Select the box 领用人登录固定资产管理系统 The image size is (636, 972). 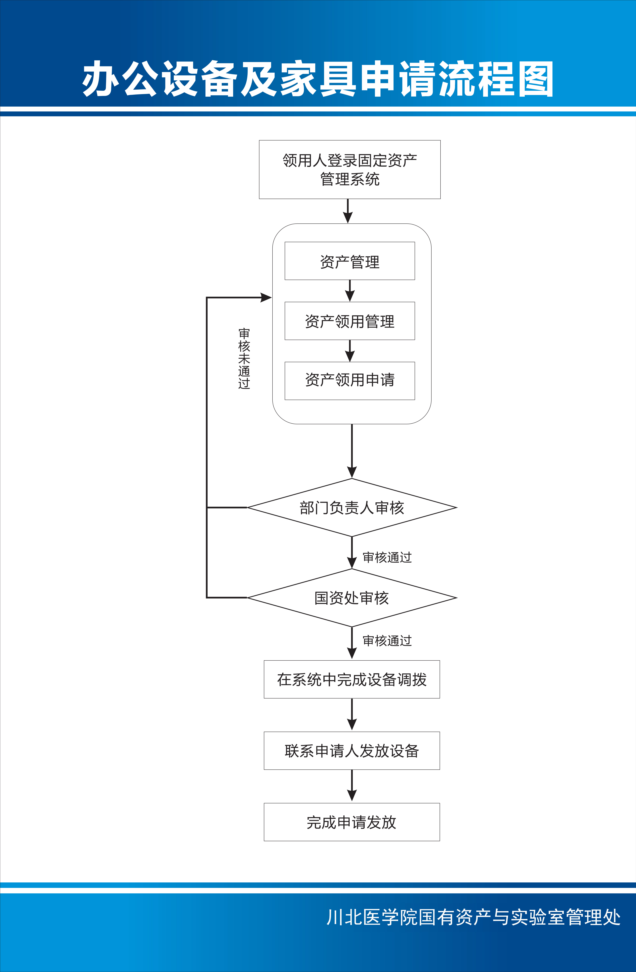point(350,170)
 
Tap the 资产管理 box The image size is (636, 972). point(350,261)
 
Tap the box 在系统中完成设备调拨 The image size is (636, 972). point(352,679)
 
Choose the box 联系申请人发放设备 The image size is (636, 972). point(352,751)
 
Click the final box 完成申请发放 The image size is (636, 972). point(352,822)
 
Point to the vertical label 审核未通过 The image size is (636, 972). point(244,358)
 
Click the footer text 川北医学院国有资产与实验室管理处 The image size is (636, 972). point(473,917)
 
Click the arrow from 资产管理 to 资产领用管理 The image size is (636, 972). point(350,291)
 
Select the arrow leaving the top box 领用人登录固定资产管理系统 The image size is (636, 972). point(348,211)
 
